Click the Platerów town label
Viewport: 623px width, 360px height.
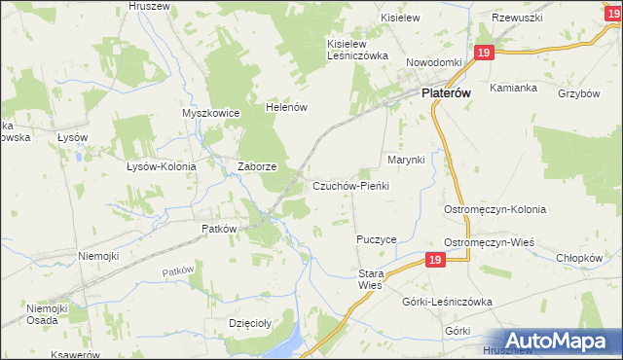447,93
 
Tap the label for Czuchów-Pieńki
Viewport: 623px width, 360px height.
351,186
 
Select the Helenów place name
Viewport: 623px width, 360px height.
288,108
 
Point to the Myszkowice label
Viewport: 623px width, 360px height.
210,113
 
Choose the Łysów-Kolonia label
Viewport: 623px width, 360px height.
162,166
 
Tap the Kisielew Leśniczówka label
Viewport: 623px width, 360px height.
358,50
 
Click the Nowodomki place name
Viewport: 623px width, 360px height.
433,62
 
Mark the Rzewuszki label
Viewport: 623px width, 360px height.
516,18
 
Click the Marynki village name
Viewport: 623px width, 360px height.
407,159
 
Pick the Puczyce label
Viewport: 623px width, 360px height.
376,238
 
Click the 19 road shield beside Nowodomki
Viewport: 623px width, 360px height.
484,54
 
